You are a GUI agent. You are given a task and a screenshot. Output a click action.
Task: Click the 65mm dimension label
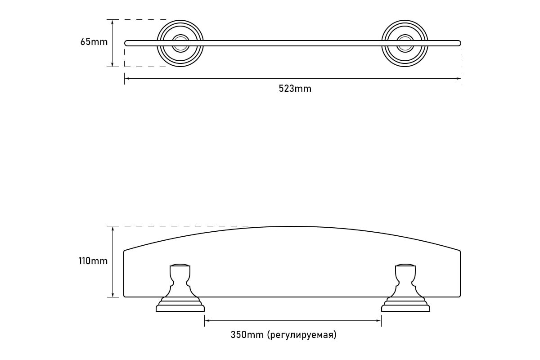94,42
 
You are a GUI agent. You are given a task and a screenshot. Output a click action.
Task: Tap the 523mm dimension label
295,89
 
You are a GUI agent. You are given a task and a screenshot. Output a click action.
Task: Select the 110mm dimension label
93,261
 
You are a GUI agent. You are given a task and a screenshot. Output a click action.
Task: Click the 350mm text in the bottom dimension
247,335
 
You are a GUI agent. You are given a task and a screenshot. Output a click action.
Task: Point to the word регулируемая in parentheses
302,335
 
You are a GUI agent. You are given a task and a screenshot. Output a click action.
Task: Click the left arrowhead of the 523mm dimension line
127,78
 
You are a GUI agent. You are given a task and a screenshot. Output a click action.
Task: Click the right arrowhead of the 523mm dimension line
459,78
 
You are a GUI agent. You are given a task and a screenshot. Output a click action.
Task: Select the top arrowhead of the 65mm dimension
112,22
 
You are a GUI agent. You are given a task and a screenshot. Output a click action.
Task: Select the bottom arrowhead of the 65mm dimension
112,64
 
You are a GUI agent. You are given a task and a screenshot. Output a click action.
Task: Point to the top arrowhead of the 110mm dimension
112,229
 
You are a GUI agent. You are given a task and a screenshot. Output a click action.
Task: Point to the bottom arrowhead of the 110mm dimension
112,295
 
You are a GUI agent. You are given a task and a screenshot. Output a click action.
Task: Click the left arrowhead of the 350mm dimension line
207,320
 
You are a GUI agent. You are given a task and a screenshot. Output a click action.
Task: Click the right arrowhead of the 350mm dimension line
378,320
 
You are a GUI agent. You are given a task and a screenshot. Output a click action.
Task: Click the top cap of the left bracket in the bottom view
180,265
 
